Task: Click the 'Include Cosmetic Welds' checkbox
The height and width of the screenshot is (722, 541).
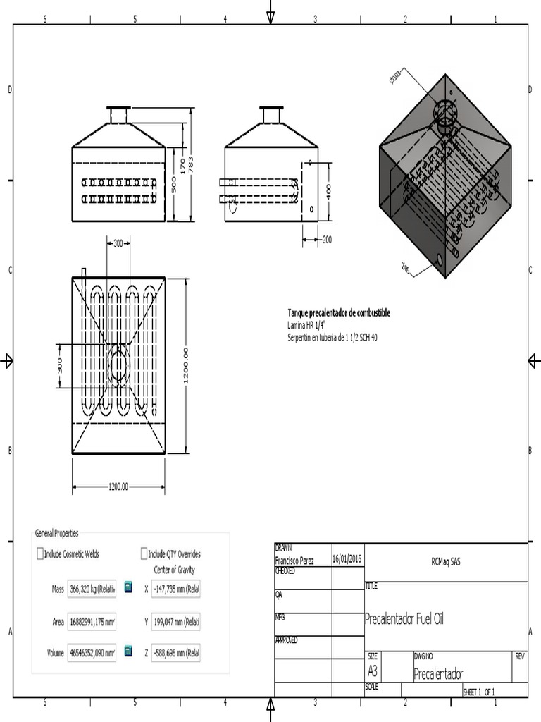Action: coord(40,554)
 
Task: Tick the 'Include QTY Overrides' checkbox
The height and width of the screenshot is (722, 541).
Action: coord(144,554)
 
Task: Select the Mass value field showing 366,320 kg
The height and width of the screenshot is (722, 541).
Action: coord(92,589)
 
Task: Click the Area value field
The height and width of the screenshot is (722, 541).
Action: coord(92,621)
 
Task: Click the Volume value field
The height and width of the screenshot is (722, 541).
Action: coord(92,654)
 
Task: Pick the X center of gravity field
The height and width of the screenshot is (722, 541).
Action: coord(175,589)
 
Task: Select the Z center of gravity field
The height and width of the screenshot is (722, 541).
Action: coord(175,654)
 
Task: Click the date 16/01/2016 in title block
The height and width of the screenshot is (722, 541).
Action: coord(347,559)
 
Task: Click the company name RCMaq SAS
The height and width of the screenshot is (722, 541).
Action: coord(446,563)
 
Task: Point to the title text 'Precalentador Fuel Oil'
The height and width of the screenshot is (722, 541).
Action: coord(404,620)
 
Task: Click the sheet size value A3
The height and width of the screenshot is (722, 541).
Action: coord(373,672)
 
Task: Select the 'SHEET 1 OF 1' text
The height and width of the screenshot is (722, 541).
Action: coord(479,692)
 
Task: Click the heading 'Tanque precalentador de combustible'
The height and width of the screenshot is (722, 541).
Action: coord(338,313)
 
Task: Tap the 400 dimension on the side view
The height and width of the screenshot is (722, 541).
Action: coord(328,191)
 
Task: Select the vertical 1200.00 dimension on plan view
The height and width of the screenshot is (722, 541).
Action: coord(186,365)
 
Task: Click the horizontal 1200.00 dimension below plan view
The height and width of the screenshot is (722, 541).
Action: coord(118,487)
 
